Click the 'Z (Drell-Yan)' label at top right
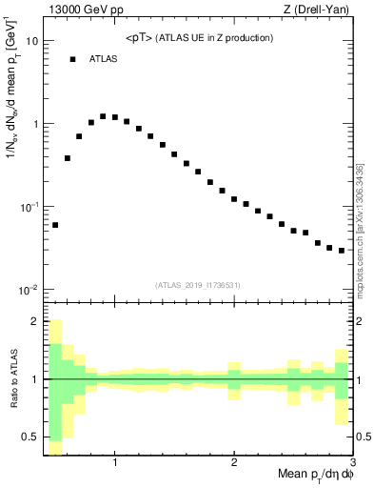320,10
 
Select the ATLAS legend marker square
72,59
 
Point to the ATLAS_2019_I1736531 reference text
198,284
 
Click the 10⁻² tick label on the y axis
29,290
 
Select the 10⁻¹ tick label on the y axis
29,207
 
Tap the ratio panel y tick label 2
34,322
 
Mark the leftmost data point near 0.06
55,225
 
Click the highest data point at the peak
103,116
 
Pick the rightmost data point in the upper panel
342,251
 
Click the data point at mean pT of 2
234,199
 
